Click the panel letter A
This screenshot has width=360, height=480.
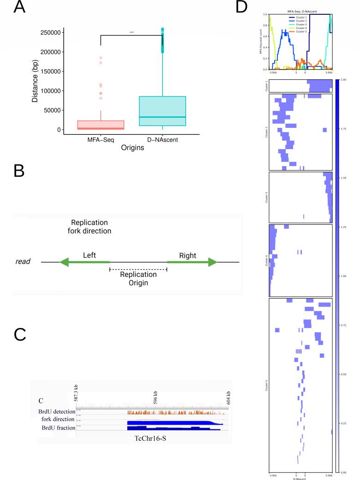[x=19, y=8]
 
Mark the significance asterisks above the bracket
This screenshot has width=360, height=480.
[x=132, y=33]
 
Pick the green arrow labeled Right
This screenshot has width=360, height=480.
[x=192, y=262]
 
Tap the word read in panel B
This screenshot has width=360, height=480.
[x=23, y=262]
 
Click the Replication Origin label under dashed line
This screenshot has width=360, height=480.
[x=138, y=278]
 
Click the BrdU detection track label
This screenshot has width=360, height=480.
[x=57, y=411]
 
